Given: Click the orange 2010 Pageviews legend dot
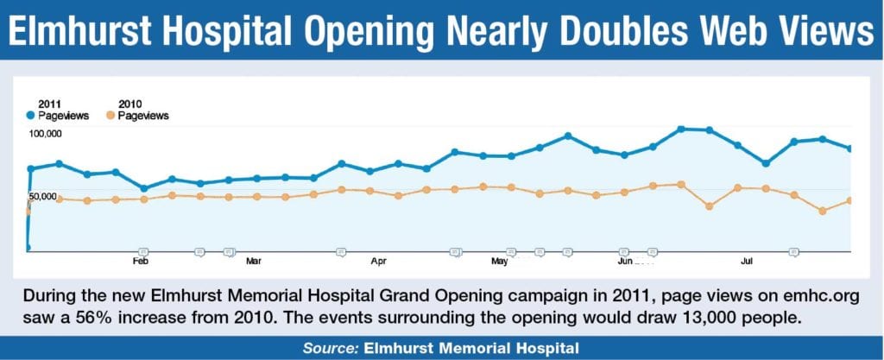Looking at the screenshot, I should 110,115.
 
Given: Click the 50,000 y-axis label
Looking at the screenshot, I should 43,197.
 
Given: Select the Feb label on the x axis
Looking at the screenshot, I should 140,259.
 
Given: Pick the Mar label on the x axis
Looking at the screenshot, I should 254,259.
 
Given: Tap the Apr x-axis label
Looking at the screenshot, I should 377,259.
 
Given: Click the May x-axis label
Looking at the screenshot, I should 499,259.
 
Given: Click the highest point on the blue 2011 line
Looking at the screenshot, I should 681,129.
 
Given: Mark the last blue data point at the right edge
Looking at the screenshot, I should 850,148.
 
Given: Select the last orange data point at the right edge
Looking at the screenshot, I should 850,200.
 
